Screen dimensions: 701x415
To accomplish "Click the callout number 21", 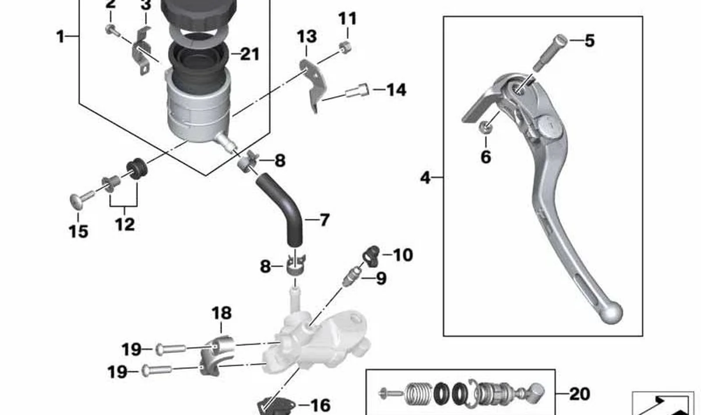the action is (x=250, y=54).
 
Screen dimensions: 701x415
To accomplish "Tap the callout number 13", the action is (x=307, y=36).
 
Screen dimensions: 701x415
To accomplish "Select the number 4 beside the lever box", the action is (x=425, y=178).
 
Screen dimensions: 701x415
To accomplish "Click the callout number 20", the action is (x=580, y=394).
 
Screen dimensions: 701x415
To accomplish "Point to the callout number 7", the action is (x=324, y=220).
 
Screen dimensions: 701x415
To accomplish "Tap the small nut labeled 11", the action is (x=345, y=47).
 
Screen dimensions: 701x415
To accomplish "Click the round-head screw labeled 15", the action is (x=81, y=199).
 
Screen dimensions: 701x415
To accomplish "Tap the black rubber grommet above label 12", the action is (x=137, y=169).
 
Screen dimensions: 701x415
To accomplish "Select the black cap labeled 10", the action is (x=372, y=256).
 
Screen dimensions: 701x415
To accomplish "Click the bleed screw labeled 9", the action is (x=352, y=276).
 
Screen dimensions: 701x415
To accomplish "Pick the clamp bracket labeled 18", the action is (x=217, y=356).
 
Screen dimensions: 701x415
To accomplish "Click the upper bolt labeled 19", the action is (x=170, y=349).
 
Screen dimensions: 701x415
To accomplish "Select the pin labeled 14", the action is (x=357, y=90).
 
